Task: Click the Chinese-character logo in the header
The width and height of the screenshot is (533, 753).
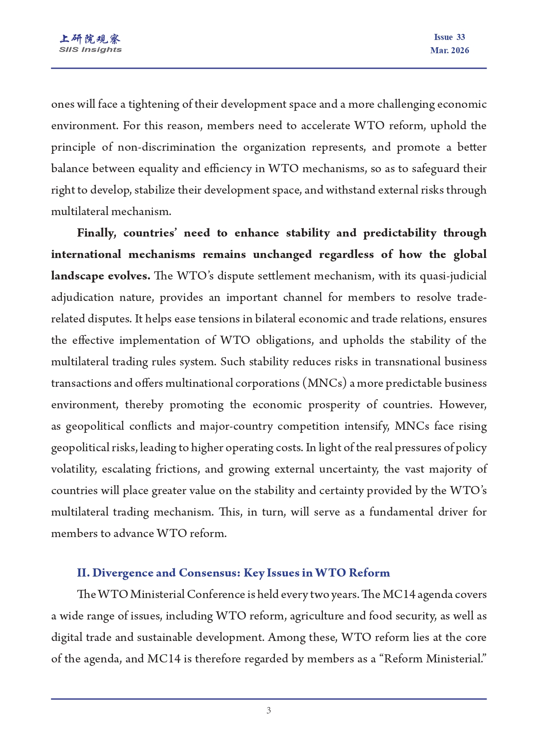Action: click(90, 39)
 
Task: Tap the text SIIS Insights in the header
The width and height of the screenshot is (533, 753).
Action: click(90, 50)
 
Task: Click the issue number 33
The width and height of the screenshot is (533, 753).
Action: click(460, 37)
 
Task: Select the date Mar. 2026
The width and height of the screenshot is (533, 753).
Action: click(449, 51)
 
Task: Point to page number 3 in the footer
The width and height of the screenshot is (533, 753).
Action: click(268, 710)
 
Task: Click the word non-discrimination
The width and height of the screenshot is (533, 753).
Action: click(166, 147)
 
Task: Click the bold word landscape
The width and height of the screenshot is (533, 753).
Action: click(77, 276)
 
